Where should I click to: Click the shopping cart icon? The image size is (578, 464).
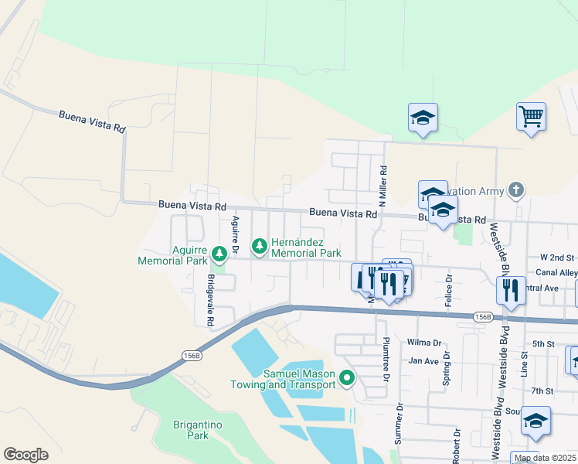click(531, 117)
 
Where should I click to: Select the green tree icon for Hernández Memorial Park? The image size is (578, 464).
click(260, 246)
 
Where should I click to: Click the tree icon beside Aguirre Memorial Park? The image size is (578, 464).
click(219, 253)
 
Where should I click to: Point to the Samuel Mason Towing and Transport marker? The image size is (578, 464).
click(347, 378)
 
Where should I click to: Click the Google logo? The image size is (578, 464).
click(25, 455)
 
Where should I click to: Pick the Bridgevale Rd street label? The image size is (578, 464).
click(209, 299)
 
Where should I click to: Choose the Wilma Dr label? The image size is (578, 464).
click(424, 342)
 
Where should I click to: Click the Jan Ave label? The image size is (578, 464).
click(423, 360)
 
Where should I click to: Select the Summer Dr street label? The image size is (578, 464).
click(399, 428)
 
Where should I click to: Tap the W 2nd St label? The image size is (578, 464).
click(558, 257)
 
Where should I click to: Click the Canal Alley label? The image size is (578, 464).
click(558, 272)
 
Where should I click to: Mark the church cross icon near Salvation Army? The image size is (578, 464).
click(516, 190)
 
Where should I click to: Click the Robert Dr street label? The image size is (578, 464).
click(457, 446)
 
